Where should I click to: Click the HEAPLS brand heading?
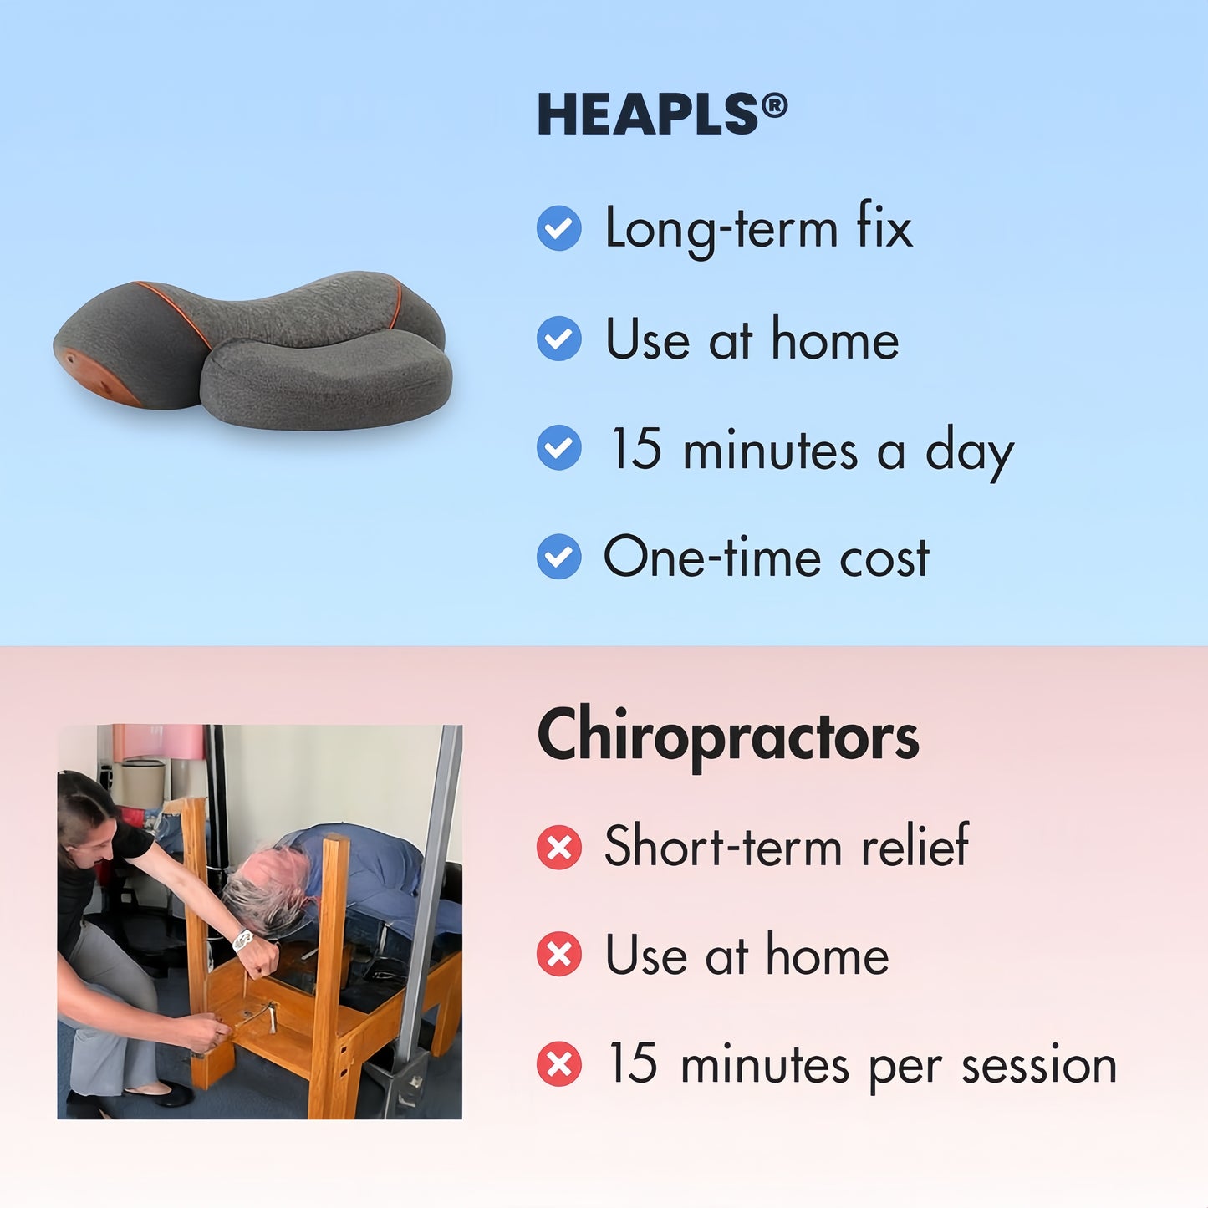[648, 115]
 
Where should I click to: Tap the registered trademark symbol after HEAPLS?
[775, 106]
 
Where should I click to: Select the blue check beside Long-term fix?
[558, 228]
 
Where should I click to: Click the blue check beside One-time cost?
[558, 557]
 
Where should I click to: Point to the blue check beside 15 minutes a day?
[558, 448]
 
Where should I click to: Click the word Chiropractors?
[727, 737]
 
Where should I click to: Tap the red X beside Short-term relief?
[558, 847]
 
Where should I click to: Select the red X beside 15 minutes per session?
[558, 1064]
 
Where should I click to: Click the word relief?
[915, 846]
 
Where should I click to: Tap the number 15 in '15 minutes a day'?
[635, 449]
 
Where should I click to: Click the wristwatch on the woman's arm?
[242, 940]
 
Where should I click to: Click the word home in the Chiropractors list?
[827, 956]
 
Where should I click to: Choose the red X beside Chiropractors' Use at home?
[558, 956]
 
